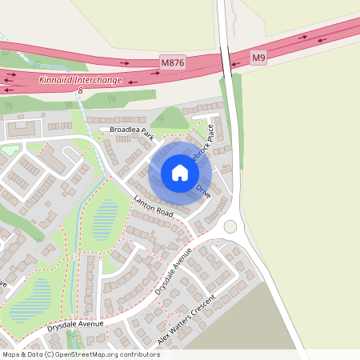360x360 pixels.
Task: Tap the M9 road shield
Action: [258, 58]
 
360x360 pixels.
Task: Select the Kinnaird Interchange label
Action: [80, 81]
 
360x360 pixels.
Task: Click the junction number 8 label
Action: [80, 91]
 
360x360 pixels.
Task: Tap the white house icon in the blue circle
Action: [180, 173]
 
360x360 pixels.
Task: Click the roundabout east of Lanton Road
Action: [231, 226]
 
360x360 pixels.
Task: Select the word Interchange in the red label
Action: [99, 81]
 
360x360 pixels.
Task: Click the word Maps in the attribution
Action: [11, 354]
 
